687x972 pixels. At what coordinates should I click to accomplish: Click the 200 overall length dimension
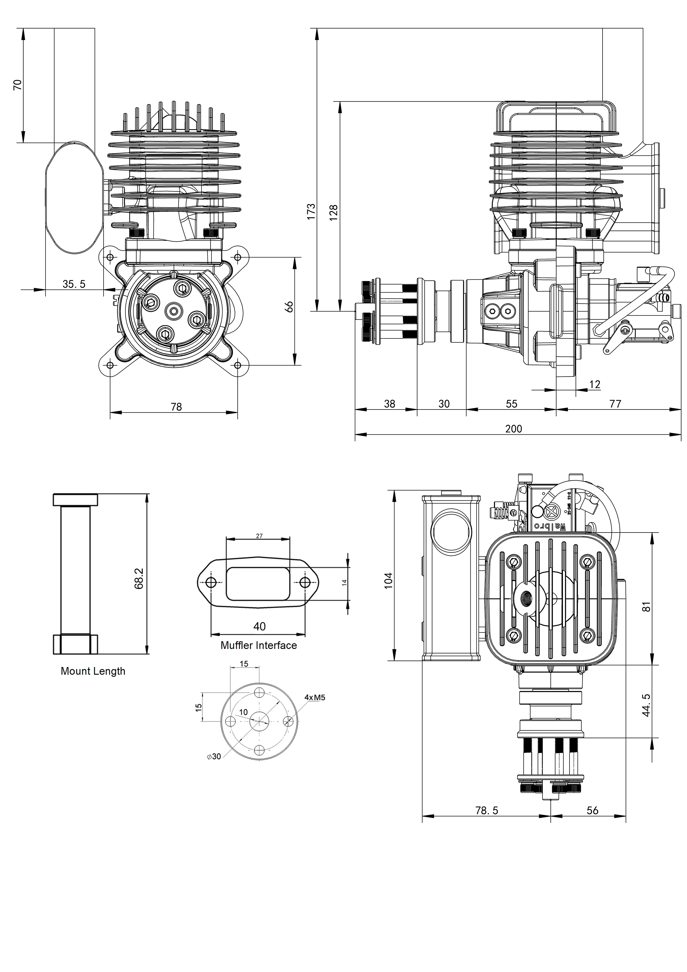(x=514, y=429)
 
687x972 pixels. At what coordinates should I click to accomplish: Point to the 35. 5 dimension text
(x=74, y=284)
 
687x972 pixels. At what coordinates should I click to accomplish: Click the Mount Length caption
(x=93, y=671)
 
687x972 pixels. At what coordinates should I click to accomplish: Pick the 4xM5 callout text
(x=315, y=698)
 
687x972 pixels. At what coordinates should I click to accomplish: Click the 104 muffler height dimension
(x=388, y=580)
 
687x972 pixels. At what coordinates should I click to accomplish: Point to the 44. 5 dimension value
(x=646, y=705)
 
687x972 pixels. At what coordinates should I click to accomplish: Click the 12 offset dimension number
(x=595, y=384)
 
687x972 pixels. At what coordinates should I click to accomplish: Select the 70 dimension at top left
(x=17, y=85)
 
